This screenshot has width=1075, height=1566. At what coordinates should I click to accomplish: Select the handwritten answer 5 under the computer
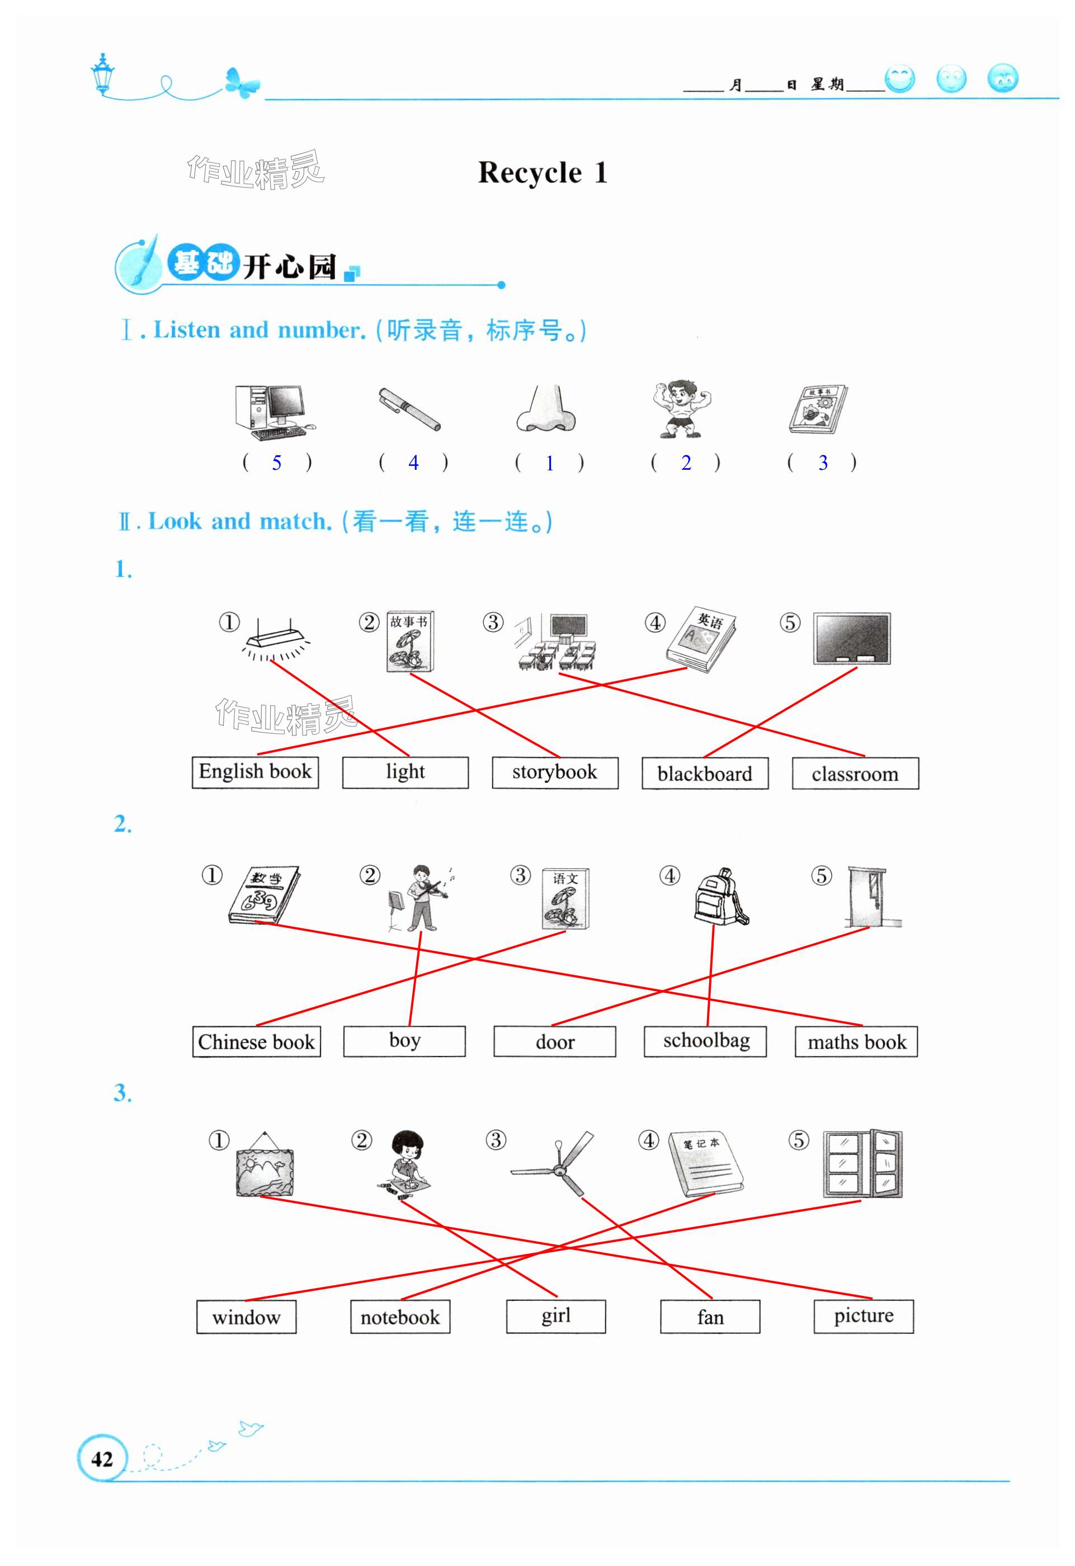(x=276, y=463)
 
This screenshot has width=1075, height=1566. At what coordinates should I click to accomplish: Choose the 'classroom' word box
(x=855, y=773)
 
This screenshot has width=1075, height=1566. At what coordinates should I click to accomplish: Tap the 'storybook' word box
(x=554, y=772)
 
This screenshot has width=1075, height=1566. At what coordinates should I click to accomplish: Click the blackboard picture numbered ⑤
(x=851, y=639)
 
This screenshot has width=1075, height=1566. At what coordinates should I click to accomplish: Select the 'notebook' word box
(x=400, y=1317)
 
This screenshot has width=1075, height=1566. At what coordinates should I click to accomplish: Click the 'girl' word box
(x=555, y=1316)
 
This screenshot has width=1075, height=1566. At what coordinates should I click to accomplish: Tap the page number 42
(x=102, y=1458)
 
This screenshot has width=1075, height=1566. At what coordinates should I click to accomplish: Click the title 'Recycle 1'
(x=543, y=172)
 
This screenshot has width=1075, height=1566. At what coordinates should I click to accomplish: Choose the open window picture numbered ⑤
(x=862, y=1164)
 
